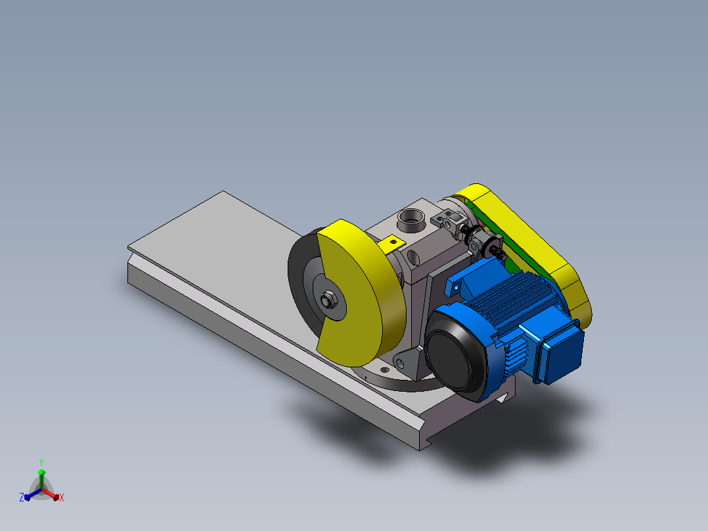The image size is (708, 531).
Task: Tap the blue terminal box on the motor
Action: point(559,351)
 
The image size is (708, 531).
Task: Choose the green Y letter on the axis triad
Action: point(41,462)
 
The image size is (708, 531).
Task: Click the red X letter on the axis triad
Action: point(62,497)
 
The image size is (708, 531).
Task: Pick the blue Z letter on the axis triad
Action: point(21,497)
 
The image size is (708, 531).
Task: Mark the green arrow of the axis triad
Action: point(41,479)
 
